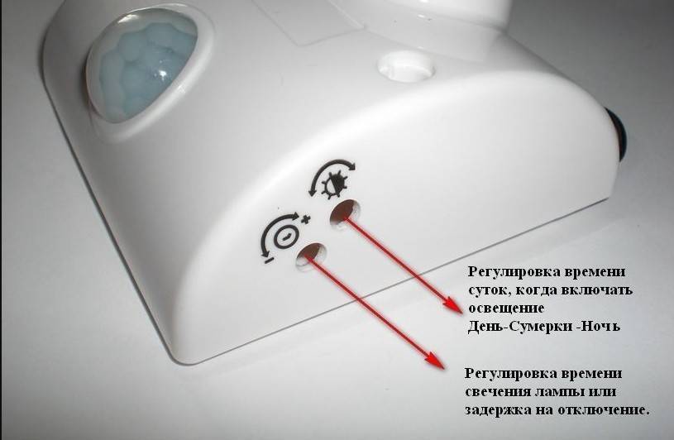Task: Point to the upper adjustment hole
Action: pyautogui.click(x=345, y=212)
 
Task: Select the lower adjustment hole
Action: pyautogui.click(x=310, y=255)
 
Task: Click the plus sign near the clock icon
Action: pyautogui.click(x=306, y=220)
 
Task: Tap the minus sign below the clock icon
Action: pyautogui.click(x=268, y=260)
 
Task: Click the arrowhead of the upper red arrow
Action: pyautogui.click(x=454, y=304)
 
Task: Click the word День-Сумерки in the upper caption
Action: pyautogui.click(x=519, y=326)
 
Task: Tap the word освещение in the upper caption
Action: pyautogui.click(x=506, y=308)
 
